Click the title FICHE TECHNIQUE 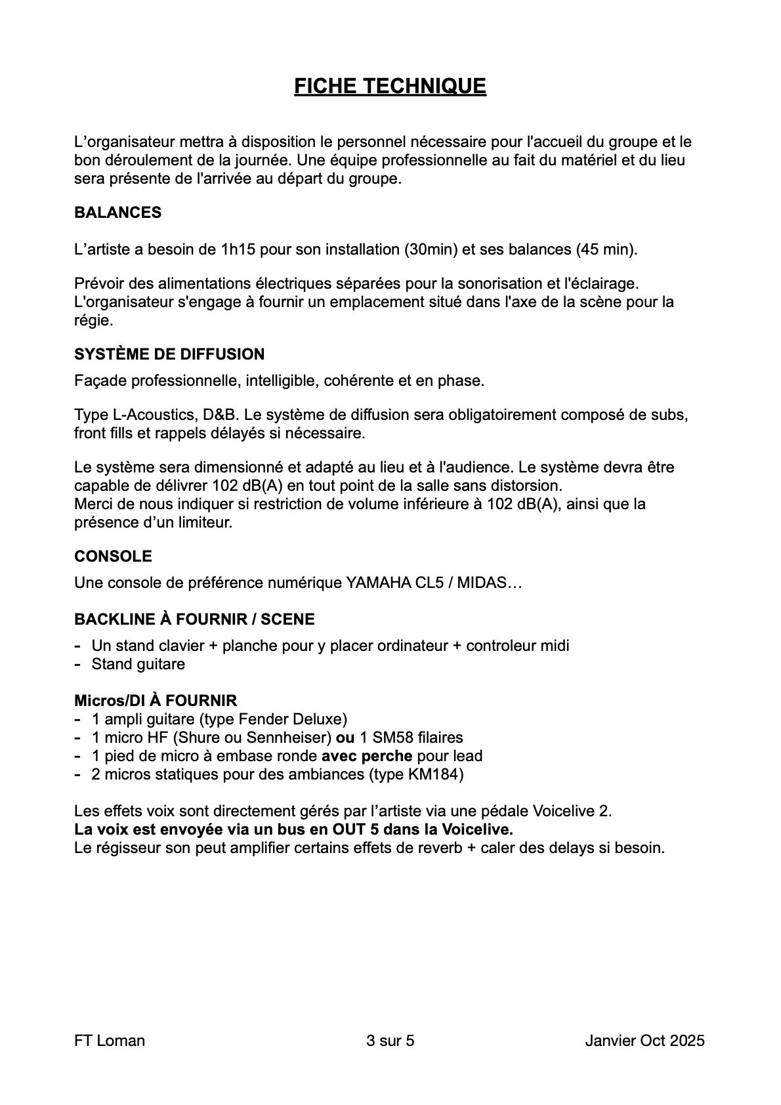(390, 86)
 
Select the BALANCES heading (117, 213)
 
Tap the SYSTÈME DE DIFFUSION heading (169, 354)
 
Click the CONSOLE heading (113, 556)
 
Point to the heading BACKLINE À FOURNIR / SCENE (194, 619)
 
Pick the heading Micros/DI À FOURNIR (156, 701)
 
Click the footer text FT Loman (110, 1041)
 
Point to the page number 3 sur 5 (390, 1041)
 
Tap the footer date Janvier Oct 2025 (644, 1041)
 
